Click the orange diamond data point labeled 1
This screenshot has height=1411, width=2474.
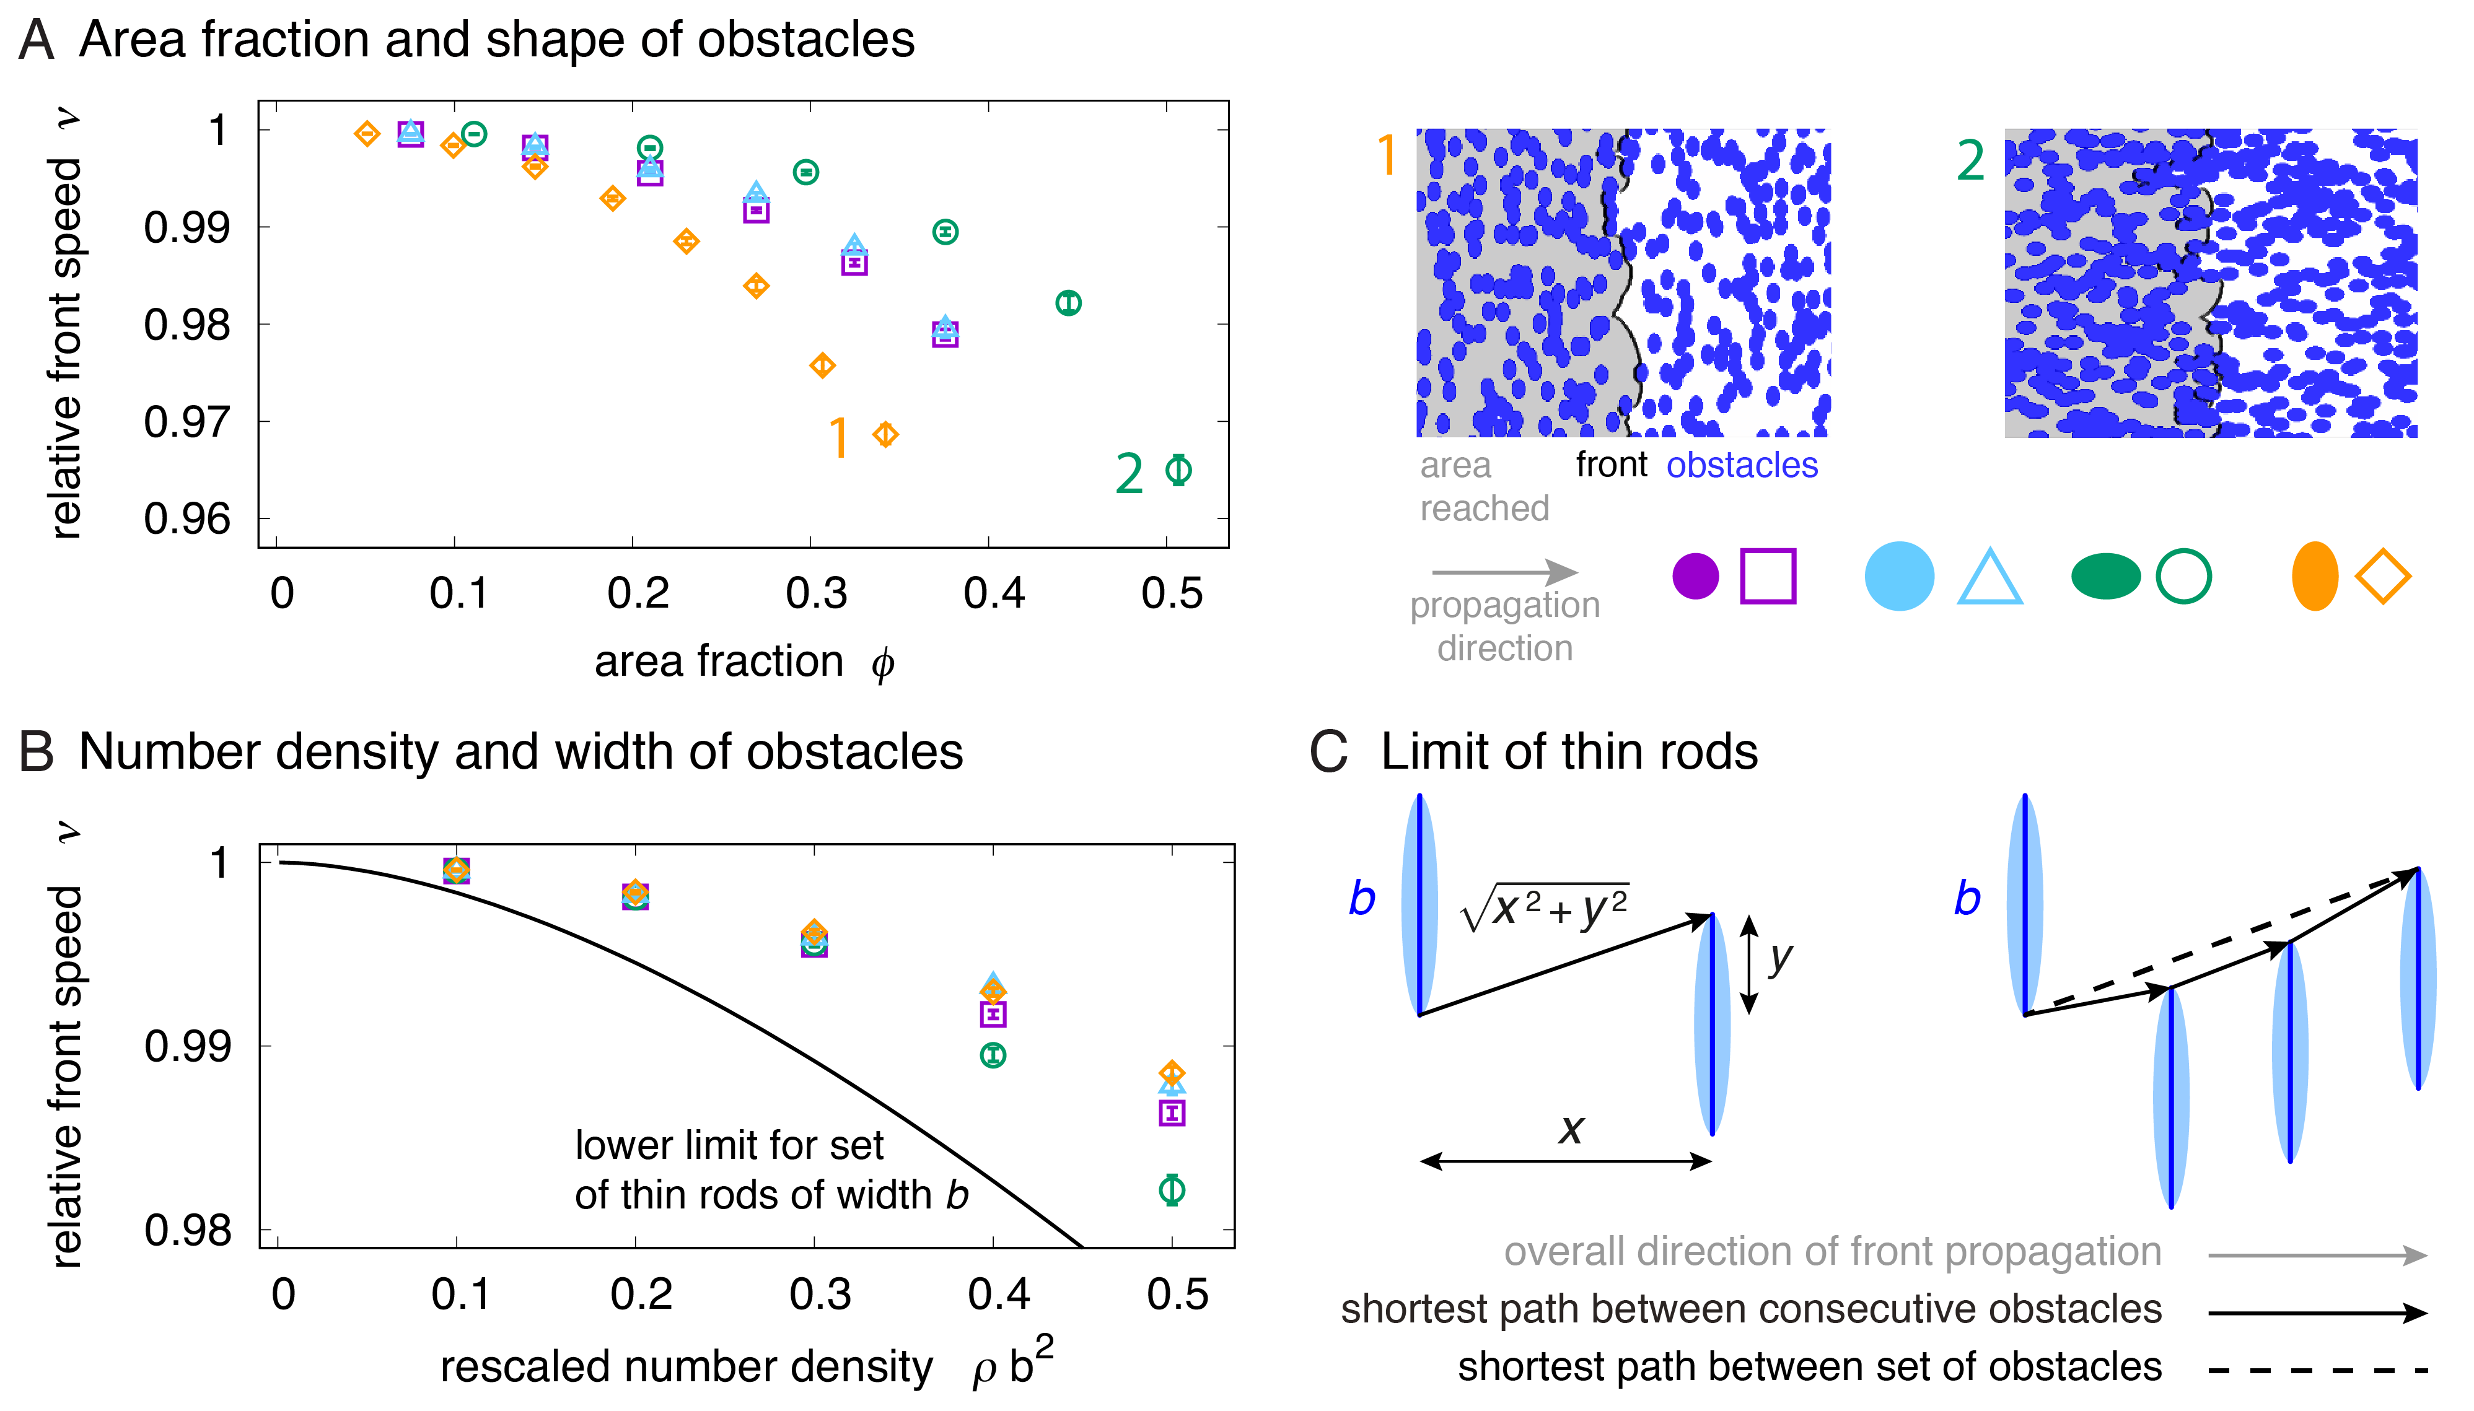coord(885,435)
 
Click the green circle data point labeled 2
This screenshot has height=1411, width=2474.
coord(1178,470)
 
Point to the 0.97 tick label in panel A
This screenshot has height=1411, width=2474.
coord(187,422)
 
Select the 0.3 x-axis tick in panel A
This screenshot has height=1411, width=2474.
coord(816,593)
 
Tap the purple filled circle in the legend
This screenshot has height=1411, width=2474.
coord(1695,577)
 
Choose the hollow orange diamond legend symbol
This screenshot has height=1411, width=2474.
coord(2383,577)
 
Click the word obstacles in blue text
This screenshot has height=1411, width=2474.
coord(1742,465)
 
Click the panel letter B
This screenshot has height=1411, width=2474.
coord(37,752)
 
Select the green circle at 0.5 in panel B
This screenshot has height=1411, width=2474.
coord(1172,1189)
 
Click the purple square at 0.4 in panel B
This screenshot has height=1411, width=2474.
coord(993,1015)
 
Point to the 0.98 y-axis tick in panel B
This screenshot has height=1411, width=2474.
coord(188,1231)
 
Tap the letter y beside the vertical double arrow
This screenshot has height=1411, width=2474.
coord(1780,959)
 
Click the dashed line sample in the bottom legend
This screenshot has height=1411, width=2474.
coord(2317,1370)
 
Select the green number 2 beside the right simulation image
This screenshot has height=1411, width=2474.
coord(1970,161)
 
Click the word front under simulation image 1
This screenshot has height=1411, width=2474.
coord(1610,465)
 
